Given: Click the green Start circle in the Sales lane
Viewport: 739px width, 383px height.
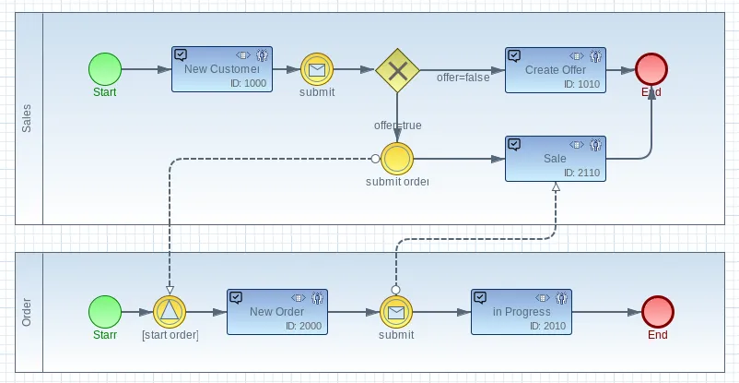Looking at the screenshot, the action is tap(105, 69).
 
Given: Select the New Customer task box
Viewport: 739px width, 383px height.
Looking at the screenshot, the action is tap(222, 69).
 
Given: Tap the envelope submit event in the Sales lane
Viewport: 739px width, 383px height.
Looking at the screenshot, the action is tap(317, 69).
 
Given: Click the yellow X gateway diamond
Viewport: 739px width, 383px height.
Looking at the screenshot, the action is tap(397, 70).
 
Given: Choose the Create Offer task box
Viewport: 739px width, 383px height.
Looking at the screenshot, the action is tap(556, 70).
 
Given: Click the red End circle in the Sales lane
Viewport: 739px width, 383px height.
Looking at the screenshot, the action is tap(651, 69).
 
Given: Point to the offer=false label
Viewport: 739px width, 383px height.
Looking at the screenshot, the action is tap(463, 78).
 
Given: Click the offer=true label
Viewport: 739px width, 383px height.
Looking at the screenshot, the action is tap(398, 126).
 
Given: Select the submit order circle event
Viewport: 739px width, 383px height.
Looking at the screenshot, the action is tap(397, 159).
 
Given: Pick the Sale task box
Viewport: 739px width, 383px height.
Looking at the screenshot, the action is tap(556, 159).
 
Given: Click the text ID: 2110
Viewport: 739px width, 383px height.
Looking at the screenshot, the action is tap(582, 173).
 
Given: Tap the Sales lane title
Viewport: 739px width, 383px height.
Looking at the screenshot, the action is tap(27, 118).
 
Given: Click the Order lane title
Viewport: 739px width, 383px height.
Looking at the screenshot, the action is tap(27, 312).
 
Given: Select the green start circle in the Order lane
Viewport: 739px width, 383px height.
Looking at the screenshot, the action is tap(105, 312).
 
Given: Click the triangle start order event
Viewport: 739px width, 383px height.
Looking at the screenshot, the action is tap(170, 312).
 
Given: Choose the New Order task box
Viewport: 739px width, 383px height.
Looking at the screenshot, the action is tap(277, 312).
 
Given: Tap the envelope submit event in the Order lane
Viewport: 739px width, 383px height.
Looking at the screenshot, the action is tap(396, 312).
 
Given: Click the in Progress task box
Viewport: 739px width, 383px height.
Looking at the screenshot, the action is tap(522, 312).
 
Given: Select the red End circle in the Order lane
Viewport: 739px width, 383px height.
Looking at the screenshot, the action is tap(658, 312).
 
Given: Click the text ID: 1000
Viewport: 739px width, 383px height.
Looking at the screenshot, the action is tap(249, 84).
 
